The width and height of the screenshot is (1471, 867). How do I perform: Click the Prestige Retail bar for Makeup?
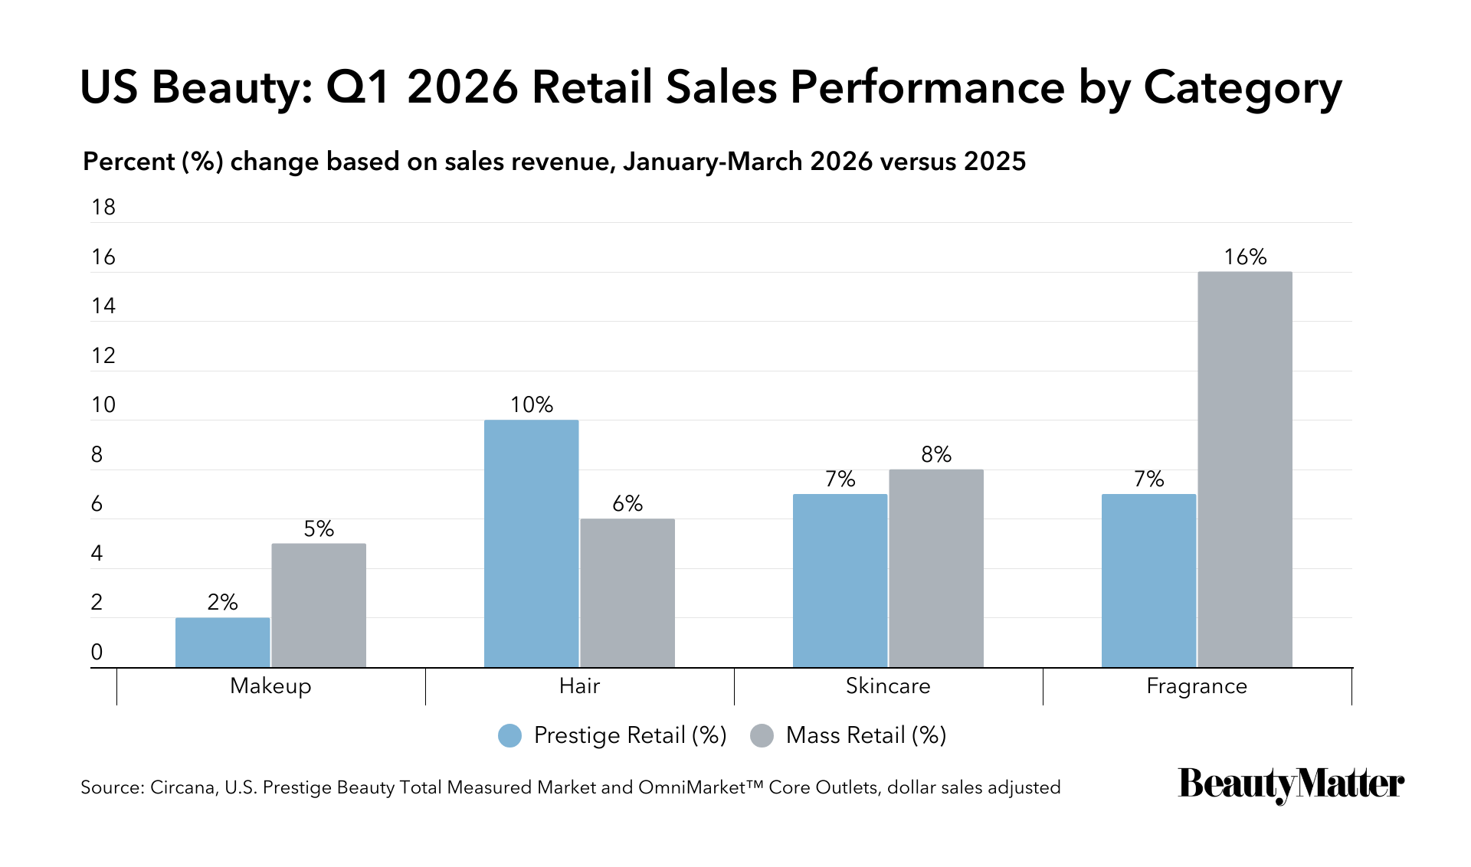(223, 643)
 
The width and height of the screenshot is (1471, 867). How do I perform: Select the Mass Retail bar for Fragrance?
(1245, 469)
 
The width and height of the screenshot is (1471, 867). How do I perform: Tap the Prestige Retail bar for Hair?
(532, 544)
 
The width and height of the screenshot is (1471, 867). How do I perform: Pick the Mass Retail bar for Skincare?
(936, 568)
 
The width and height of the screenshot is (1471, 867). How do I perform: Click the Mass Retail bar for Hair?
(627, 593)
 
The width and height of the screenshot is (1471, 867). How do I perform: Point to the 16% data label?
(1245, 257)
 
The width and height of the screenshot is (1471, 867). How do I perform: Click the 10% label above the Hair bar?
(532, 404)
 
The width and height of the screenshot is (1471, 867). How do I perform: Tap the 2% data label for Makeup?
(223, 602)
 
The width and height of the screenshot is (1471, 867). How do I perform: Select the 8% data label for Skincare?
(936, 454)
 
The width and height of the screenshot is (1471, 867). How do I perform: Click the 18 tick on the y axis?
(103, 207)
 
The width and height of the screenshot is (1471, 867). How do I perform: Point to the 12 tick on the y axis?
(103, 355)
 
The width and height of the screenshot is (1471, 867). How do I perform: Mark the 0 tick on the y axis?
(97, 652)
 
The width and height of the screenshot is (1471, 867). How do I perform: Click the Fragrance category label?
(1197, 686)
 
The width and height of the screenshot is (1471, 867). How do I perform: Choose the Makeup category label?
(270, 685)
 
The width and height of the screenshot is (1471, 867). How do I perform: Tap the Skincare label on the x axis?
(888, 685)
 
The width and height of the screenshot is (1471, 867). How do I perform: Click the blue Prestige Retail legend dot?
(509, 735)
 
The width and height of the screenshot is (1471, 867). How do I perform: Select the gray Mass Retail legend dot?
(762, 735)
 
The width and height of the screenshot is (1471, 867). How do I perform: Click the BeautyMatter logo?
(1291, 784)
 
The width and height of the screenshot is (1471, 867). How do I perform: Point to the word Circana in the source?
(182, 787)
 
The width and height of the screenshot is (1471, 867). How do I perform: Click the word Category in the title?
(1243, 88)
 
